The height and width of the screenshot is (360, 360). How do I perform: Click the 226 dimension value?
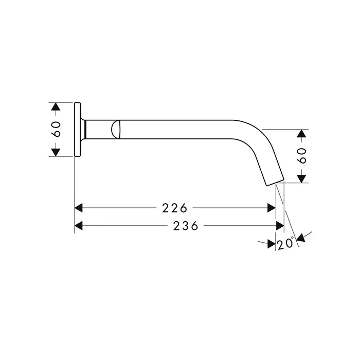175,208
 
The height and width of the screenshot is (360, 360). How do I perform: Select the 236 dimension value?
186,226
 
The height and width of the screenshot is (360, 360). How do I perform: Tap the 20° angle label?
285,244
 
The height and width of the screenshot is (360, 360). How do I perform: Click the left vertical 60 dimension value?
57,129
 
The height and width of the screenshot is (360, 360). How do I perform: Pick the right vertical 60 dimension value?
302,156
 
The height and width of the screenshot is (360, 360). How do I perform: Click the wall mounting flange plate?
78,130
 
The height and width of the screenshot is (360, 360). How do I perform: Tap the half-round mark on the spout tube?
116,130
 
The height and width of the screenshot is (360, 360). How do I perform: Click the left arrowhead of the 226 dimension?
79,208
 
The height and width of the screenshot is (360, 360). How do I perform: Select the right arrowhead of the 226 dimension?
272,208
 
